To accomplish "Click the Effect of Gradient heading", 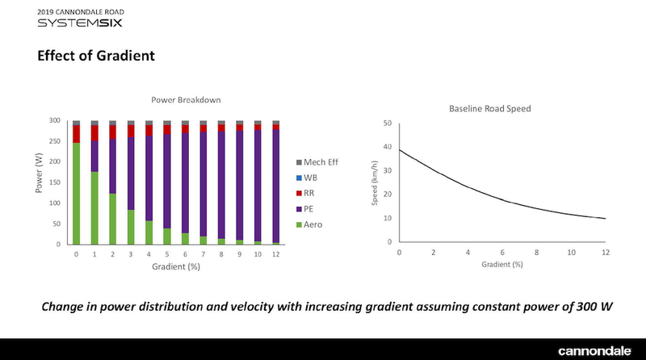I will (x=95, y=57).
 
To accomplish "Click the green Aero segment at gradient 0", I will (x=76, y=194).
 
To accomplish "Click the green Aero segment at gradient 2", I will (x=112, y=219).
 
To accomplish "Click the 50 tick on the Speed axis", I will (x=387, y=123).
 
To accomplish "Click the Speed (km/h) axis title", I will (x=374, y=183).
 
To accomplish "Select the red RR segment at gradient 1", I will (x=94, y=132).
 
